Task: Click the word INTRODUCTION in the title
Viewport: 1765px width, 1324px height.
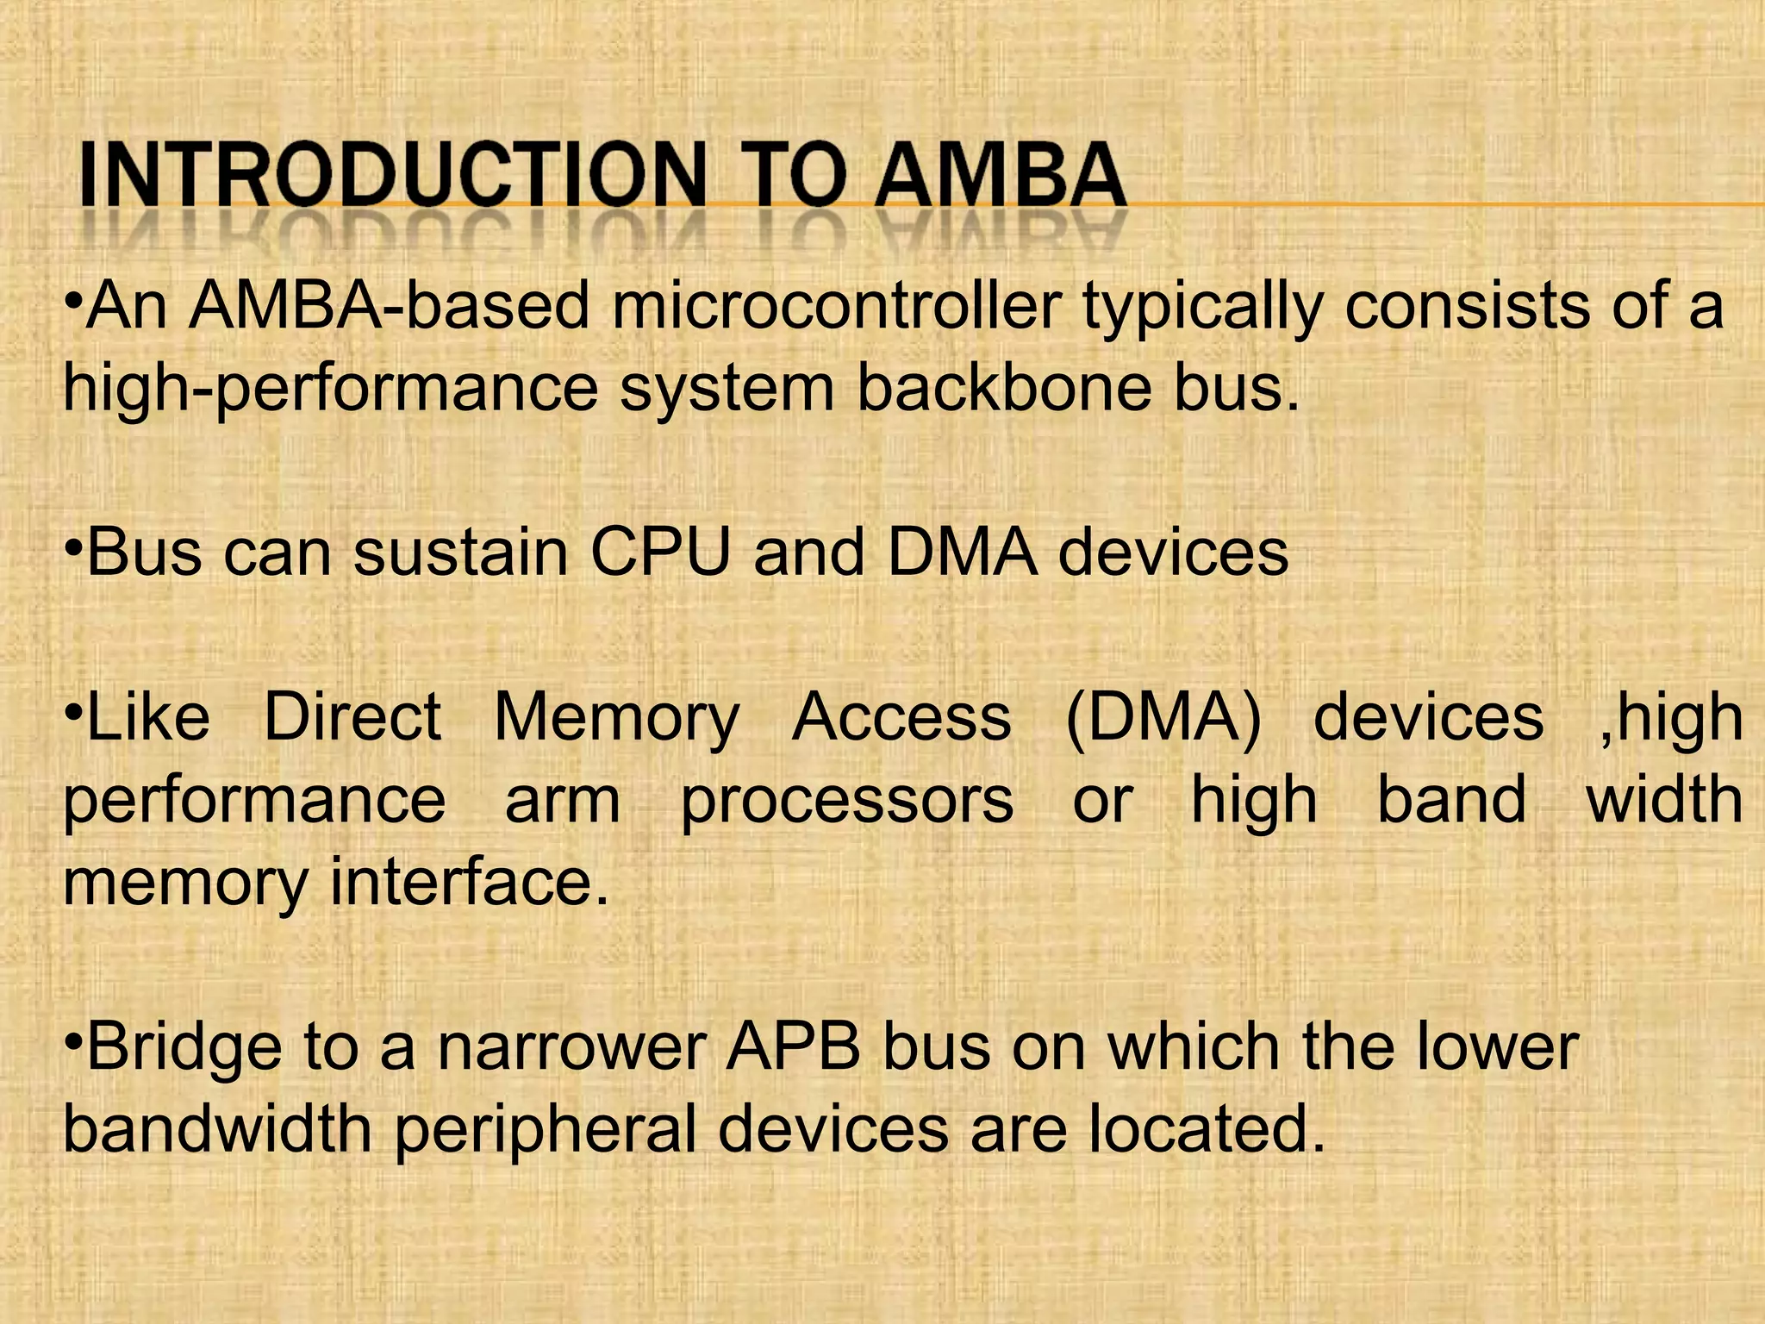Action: [x=392, y=177]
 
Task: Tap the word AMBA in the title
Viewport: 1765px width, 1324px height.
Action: [x=1000, y=177]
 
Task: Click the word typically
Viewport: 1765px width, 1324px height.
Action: [x=1202, y=309]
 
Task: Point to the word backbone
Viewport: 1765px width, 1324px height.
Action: [x=1003, y=388]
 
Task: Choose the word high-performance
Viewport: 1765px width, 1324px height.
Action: [x=330, y=390]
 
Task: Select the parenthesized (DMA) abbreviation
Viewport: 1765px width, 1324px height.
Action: [x=1163, y=718]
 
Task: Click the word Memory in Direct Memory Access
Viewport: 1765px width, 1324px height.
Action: [x=616, y=718]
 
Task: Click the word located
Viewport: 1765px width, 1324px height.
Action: [x=1207, y=1129]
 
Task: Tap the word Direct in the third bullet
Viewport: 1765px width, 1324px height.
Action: [x=352, y=718]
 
